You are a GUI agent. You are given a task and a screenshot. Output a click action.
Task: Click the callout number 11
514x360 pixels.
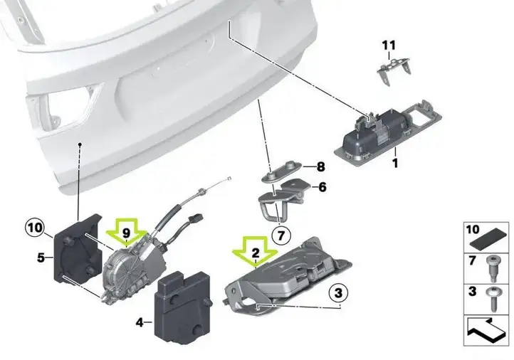(389, 46)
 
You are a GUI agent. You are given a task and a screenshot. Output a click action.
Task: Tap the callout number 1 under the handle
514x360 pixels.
(395, 163)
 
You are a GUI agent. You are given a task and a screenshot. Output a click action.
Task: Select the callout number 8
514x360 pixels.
(320, 166)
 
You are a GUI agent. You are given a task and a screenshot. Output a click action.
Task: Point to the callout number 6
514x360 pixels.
(322, 187)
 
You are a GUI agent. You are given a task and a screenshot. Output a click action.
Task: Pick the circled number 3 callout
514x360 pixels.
(338, 292)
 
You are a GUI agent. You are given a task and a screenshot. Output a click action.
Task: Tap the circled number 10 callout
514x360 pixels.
(35, 228)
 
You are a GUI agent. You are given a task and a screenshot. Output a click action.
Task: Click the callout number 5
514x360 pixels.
(41, 258)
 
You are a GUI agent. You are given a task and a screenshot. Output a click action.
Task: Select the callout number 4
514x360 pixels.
(140, 323)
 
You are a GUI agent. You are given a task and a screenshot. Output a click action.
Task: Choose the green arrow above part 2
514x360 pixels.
(255, 252)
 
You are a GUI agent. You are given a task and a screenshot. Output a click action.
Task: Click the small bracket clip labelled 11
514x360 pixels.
(393, 70)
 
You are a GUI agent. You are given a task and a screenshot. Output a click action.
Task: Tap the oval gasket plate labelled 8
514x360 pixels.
(284, 171)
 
